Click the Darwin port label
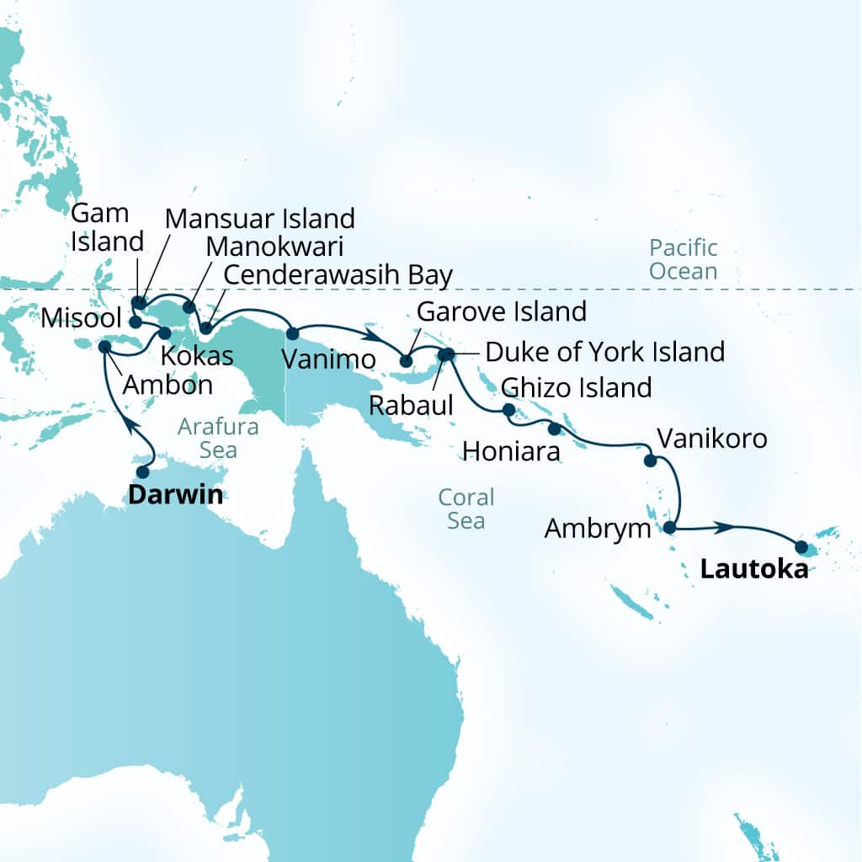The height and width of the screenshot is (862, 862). (175, 494)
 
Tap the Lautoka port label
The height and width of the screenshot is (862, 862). (753, 570)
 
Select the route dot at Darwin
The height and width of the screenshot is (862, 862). (142, 471)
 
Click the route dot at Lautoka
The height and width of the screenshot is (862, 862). (801, 547)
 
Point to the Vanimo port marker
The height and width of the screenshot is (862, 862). (293, 333)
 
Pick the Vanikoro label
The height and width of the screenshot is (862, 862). (711, 438)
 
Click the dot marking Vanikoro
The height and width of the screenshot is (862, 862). (650, 460)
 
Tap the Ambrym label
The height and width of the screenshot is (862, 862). (598, 529)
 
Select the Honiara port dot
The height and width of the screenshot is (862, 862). (553, 428)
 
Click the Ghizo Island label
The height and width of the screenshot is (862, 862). (576, 387)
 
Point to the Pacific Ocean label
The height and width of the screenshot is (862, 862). (683, 259)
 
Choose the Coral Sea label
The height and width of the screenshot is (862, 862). (466, 508)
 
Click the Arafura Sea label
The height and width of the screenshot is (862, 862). (218, 439)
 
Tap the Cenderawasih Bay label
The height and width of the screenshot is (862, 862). (338, 274)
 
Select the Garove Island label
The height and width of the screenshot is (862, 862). (502, 311)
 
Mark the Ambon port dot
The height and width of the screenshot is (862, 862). (104, 346)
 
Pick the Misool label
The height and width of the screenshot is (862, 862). (78, 320)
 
